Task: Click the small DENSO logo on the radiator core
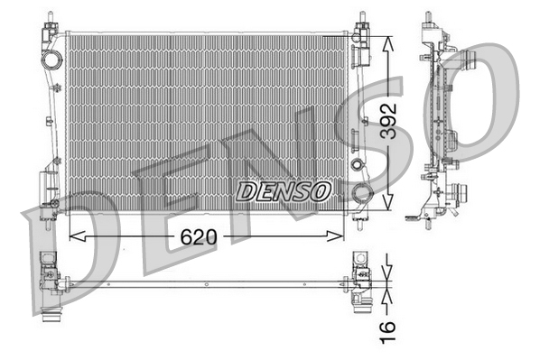pyautogui.click(x=284, y=191)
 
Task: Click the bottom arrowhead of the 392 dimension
pyautogui.click(x=388, y=206)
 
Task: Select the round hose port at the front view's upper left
pyautogui.click(x=51, y=61)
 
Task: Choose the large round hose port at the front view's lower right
pyautogui.click(x=361, y=192)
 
